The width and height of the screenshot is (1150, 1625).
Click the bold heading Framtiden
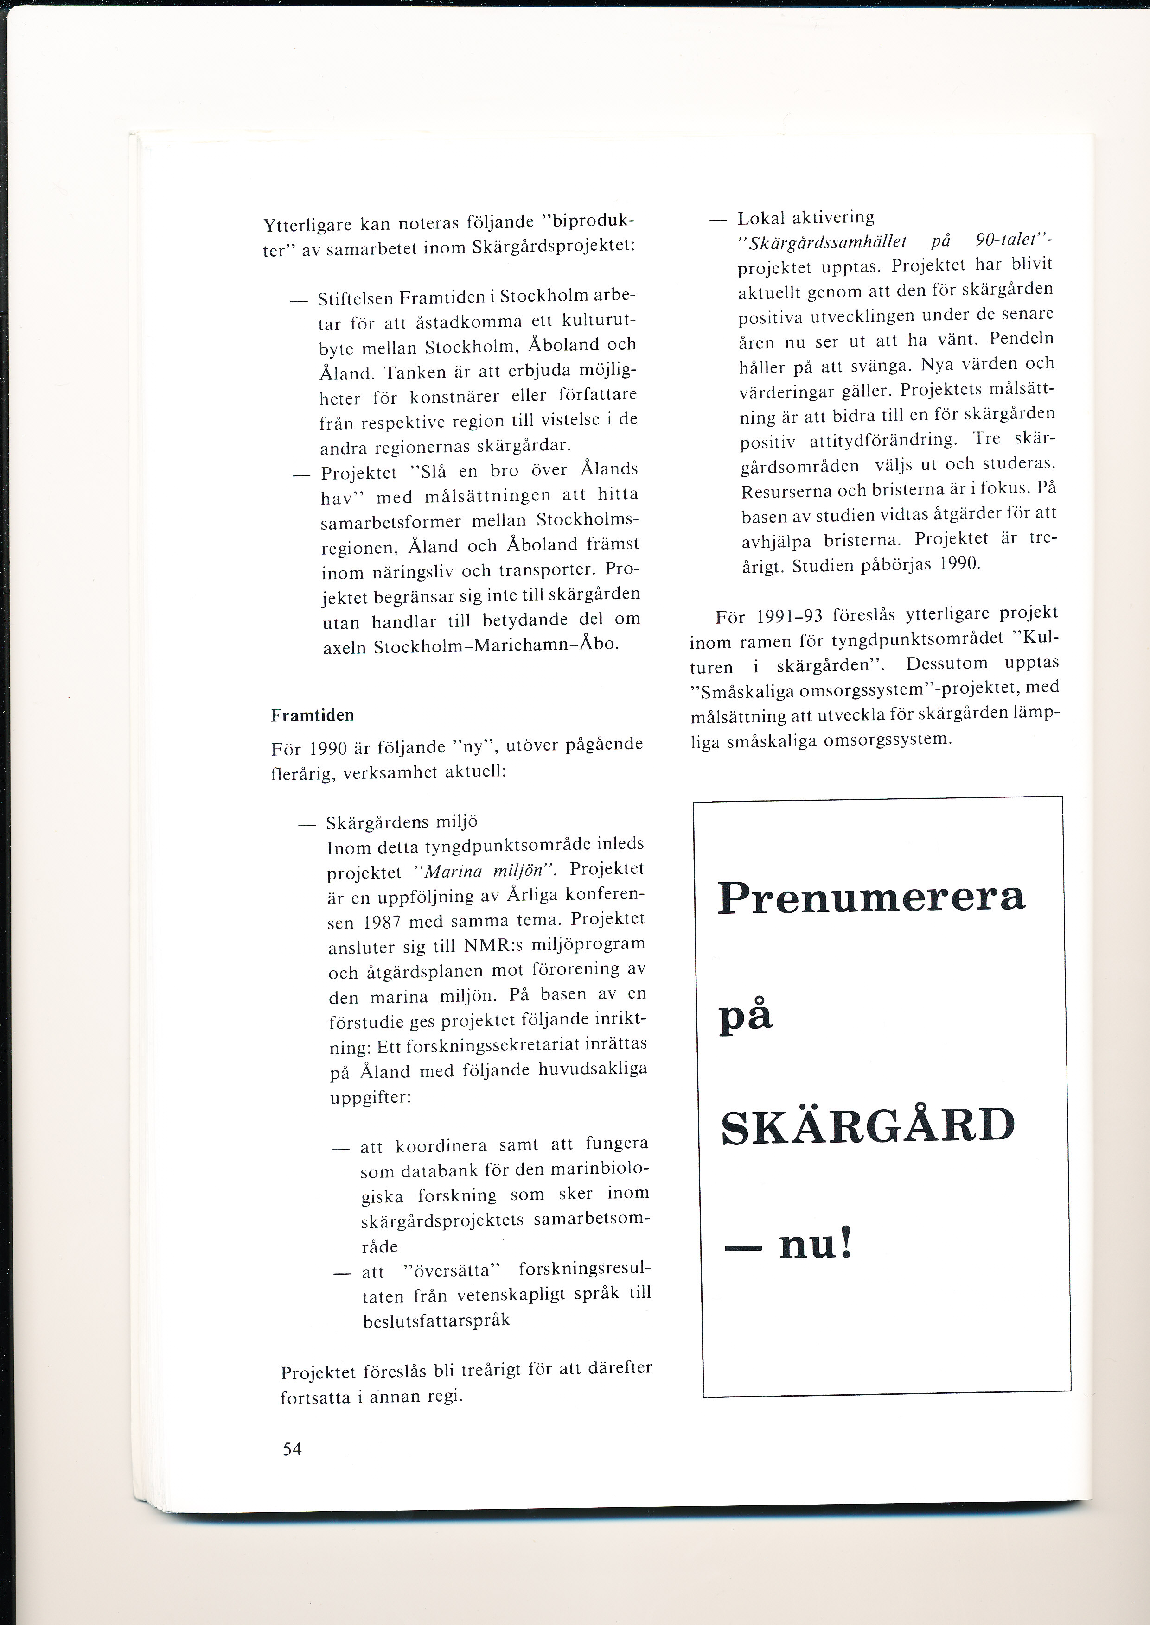(312, 715)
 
